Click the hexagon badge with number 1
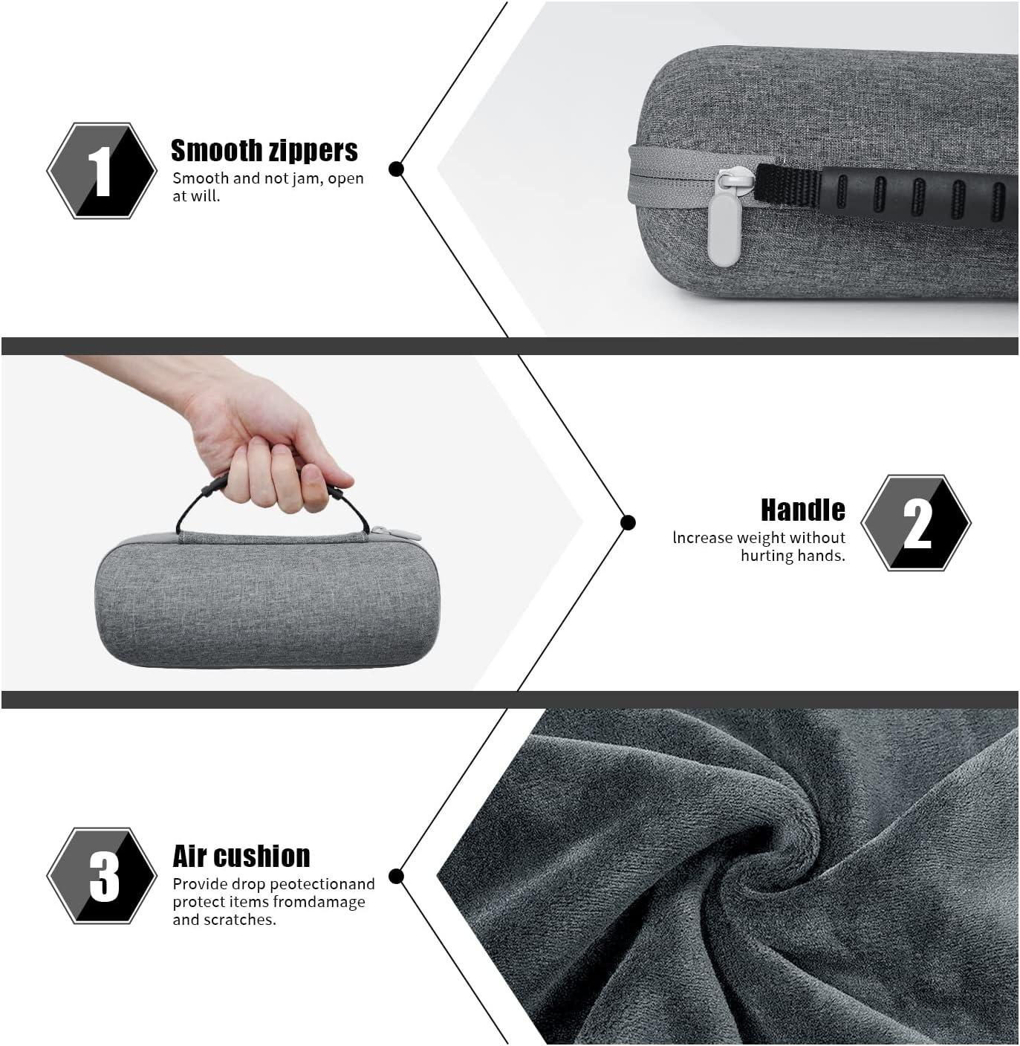tap(102, 170)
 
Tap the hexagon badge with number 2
tap(916, 522)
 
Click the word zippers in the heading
tap(314, 152)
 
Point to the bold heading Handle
tap(803, 510)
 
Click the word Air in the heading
tap(189, 856)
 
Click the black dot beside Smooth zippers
tap(396, 169)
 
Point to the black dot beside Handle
tap(628, 522)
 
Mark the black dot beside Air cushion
tap(396, 877)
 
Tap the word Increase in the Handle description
tap(702, 538)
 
